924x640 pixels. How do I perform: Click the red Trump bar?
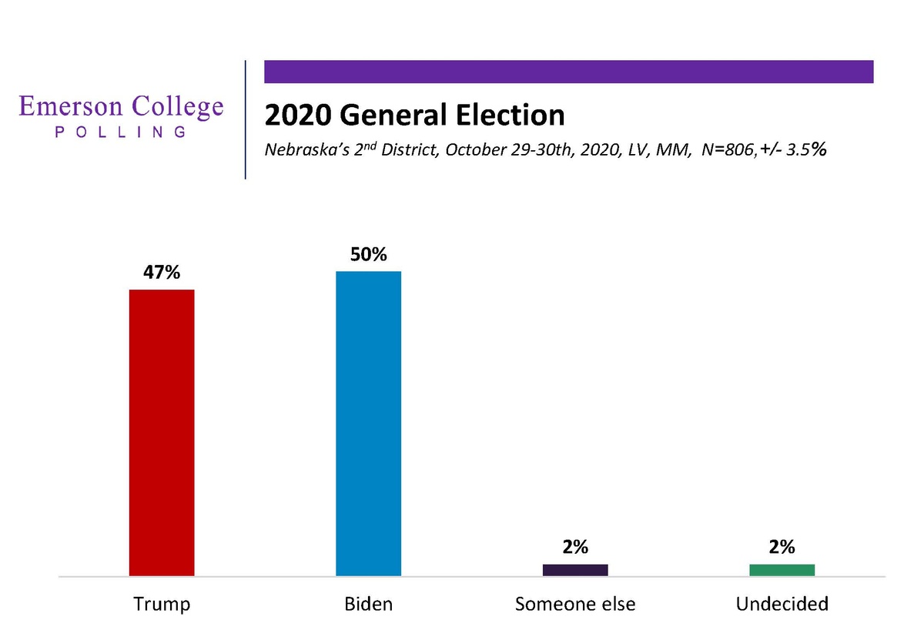click(x=161, y=432)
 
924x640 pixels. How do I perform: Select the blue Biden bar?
click(x=368, y=423)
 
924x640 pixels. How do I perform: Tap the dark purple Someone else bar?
click(x=575, y=570)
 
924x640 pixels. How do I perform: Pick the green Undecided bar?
click(x=782, y=570)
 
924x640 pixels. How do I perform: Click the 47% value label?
click(x=161, y=273)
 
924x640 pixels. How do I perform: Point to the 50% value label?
click(x=368, y=255)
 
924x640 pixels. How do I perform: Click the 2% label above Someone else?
click(x=575, y=548)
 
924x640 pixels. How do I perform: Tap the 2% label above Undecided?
click(x=782, y=548)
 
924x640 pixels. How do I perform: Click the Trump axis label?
click(x=161, y=604)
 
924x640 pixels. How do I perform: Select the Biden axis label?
click(x=368, y=604)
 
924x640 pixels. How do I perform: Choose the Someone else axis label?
click(x=575, y=604)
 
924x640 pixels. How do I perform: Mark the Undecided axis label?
click(x=782, y=604)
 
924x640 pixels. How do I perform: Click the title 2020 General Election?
click(x=414, y=116)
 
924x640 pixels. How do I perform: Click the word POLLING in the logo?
click(x=121, y=132)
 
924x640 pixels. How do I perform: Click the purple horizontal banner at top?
click(x=568, y=72)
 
